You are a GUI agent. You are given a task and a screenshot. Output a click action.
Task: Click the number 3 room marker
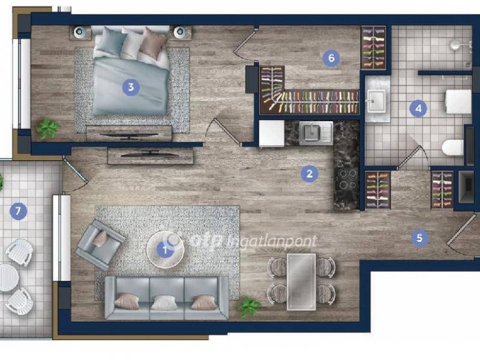click(x=131, y=87)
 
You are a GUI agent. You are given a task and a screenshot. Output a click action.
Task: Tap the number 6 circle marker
click(x=331, y=58)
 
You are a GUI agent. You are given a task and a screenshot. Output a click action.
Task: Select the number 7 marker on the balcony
click(x=18, y=211)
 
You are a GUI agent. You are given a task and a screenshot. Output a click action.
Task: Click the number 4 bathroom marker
click(x=418, y=109)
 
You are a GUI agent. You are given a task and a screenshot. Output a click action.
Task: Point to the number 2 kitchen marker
click(x=309, y=173)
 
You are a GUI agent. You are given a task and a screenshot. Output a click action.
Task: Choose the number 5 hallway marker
click(x=419, y=238)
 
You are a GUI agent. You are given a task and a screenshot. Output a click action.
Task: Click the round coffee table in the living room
click(x=165, y=250)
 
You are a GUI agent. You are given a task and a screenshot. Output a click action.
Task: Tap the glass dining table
click(x=301, y=281)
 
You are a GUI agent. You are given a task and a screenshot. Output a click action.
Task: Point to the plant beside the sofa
click(x=250, y=307)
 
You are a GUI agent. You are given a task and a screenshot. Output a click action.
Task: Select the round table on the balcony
click(x=7, y=278)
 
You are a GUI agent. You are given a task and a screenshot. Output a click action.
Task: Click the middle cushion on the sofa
click(x=164, y=302)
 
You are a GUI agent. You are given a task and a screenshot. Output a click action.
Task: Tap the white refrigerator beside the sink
click(x=272, y=133)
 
